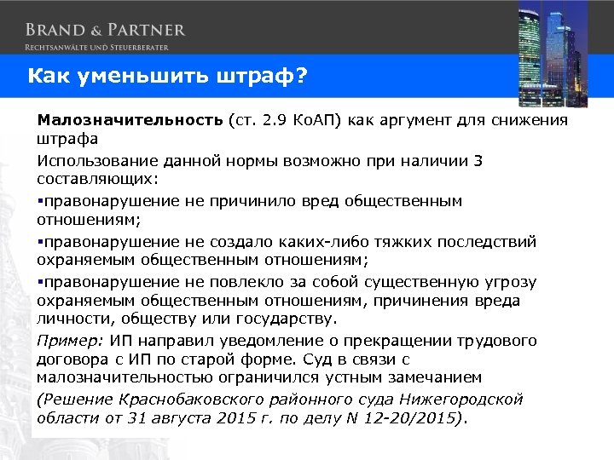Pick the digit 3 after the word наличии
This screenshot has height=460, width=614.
point(478,161)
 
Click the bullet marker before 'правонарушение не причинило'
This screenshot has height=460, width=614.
point(40,202)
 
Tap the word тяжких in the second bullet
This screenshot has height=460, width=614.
point(399,242)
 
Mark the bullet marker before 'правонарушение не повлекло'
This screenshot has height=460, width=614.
point(40,282)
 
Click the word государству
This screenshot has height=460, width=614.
point(285,319)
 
